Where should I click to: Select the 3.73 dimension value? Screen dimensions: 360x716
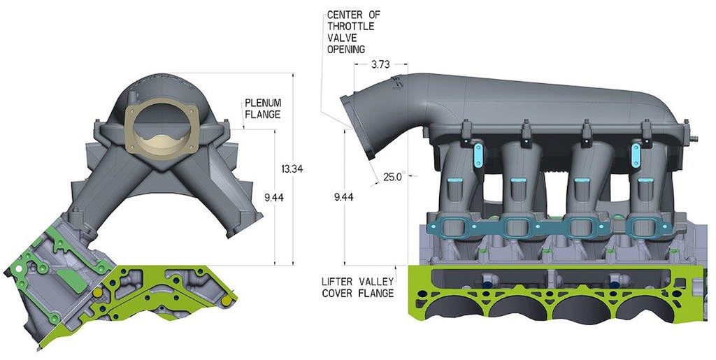pos(380,64)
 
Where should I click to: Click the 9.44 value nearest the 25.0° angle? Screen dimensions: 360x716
pos(343,197)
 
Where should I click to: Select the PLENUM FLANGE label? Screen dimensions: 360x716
pos(262,108)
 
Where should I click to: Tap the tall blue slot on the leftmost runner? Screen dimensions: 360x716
pos(479,154)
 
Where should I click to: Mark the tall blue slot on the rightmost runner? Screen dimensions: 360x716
pos(636,154)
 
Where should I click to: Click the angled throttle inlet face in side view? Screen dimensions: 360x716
pos(361,129)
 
